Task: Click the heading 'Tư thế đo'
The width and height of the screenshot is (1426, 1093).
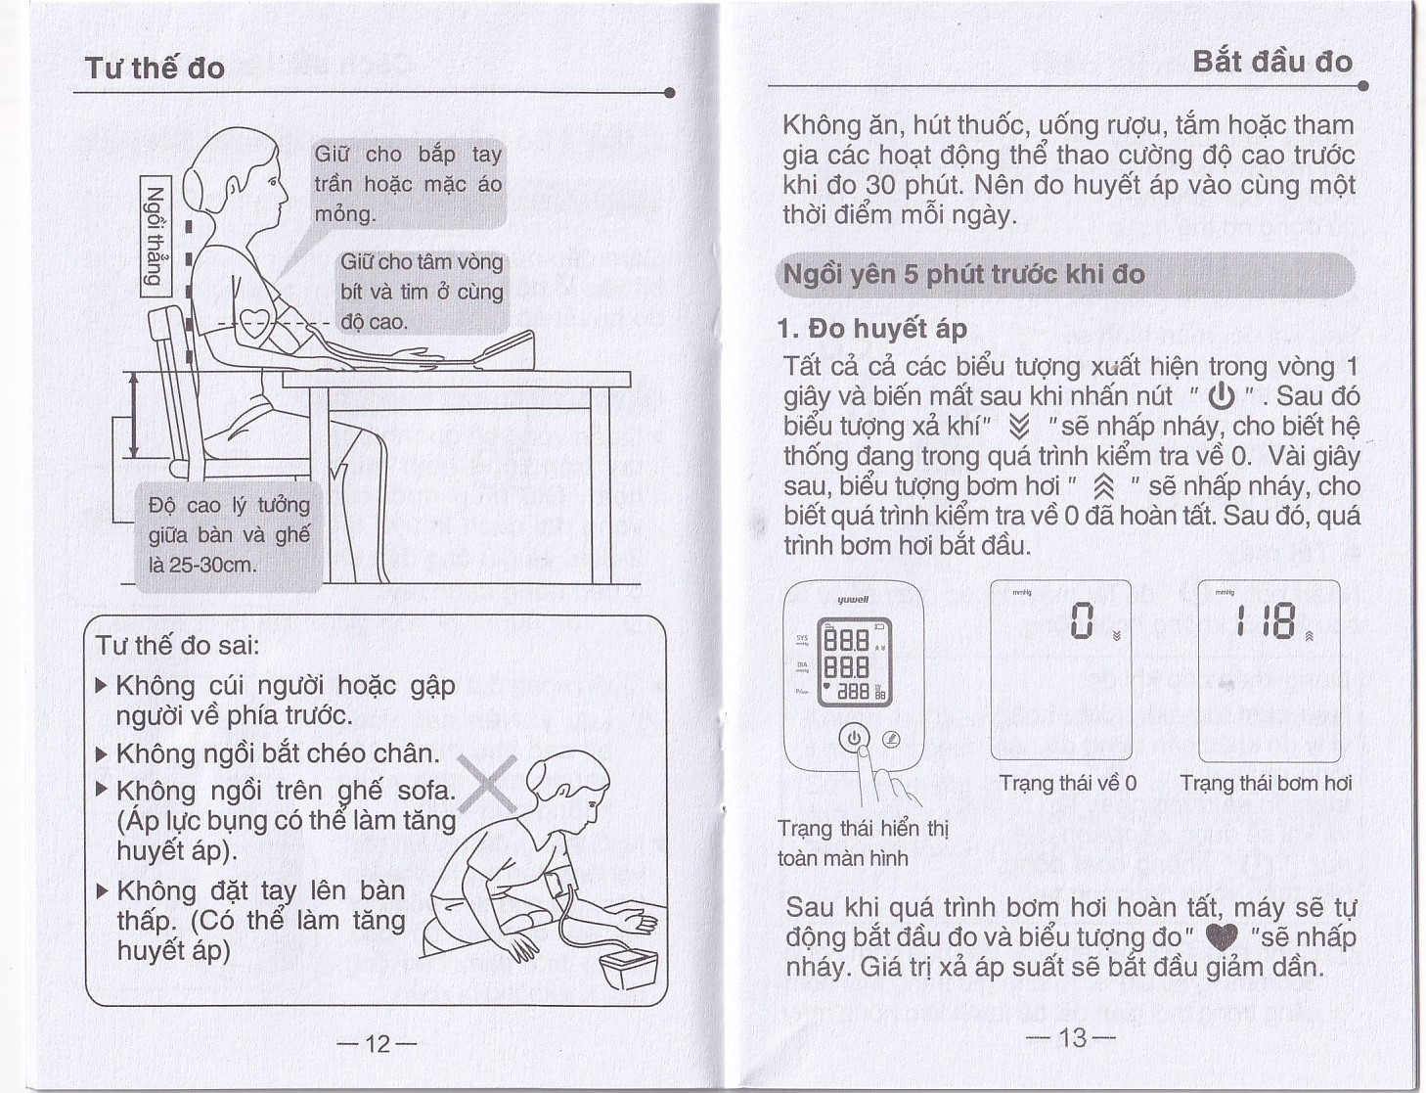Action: pyautogui.click(x=155, y=68)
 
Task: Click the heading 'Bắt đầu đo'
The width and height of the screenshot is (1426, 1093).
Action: pyautogui.click(x=1272, y=62)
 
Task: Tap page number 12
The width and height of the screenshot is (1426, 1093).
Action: pyautogui.click(x=377, y=1043)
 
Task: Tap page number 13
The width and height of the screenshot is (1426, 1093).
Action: pyautogui.click(x=1072, y=1037)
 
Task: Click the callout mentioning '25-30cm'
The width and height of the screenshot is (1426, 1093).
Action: pyautogui.click(x=229, y=534)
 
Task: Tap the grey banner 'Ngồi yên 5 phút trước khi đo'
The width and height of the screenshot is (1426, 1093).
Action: pyautogui.click(x=1065, y=275)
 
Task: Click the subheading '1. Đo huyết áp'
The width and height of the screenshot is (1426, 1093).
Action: pyautogui.click(x=872, y=329)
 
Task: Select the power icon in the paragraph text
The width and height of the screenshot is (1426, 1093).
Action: pyautogui.click(x=1222, y=396)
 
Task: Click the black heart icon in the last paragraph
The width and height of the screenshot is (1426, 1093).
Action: pyautogui.click(x=1222, y=938)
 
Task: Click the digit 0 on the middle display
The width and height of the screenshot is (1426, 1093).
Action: pyautogui.click(x=1080, y=620)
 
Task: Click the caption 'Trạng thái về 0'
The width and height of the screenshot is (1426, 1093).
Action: pyautogui.click(x=1067, y=783)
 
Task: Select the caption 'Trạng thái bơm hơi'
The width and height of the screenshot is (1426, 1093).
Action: pyautogui.click(x=1266, y=783)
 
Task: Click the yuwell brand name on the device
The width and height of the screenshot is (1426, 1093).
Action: pyautogui.click(x=853, y=600)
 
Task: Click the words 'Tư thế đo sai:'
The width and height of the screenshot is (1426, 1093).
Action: pyautogui.click(x=177, y=646)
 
